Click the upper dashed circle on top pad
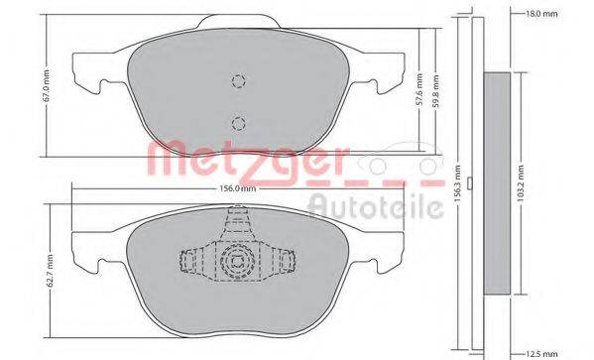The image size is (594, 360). point(237,82)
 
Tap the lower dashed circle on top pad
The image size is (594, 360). point(237,123)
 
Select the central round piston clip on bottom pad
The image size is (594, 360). point(237,264)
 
